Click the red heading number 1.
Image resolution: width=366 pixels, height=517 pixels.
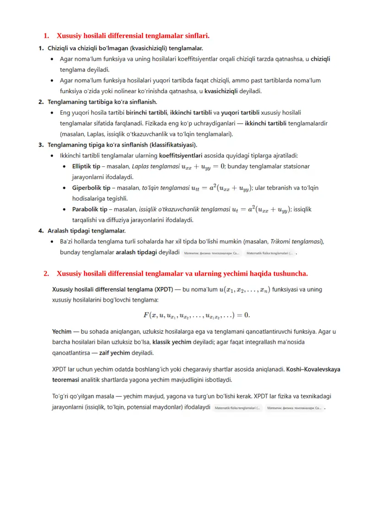click(x=46, y=36)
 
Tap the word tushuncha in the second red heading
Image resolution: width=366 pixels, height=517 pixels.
click(x=286, y=273)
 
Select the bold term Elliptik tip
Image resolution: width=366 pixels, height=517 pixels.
click(x=86, y=166)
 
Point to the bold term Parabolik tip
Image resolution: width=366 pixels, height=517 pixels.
click(x=90, y=209)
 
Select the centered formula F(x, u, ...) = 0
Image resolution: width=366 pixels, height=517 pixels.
click(x=197, y=315)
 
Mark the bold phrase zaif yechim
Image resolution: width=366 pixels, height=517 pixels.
click(x=119, y=353)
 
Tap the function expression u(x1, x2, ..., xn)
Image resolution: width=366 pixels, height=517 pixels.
click(x=245, y=289)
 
